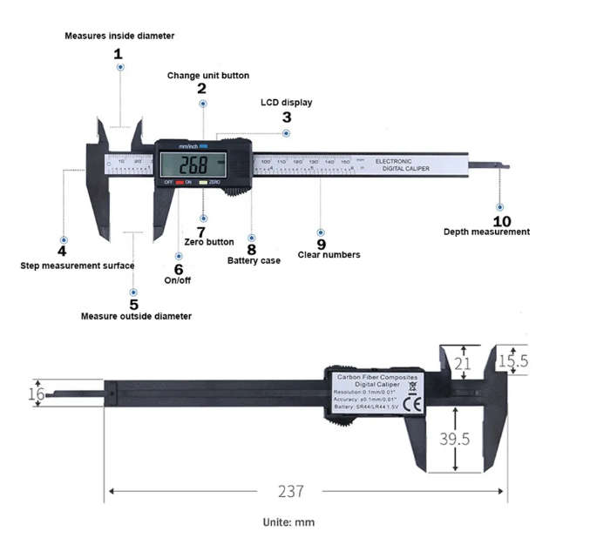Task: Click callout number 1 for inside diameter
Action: pyautogui.click(x=119, y=53)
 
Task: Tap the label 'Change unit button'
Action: pyautogui.click(x=208, y=76)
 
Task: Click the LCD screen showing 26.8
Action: pyautogui.click(x=193, y=165)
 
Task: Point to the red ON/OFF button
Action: pyautogui.click(x=179, y=182)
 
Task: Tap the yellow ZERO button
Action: pyautogui.click(x=202, y=182)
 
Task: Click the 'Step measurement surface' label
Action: pyautogui.click(x=77, y=266)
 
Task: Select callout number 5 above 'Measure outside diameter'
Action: pyautogui.click(x=133, y=304)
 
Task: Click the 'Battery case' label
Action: pyautogui.click(x=254, y=260)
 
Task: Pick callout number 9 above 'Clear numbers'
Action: pyautogui.click(x=321, y=244)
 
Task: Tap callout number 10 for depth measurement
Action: pyautogui.click(x=502, y=221)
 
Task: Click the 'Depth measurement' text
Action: pyautogui.click(x=486, y=232)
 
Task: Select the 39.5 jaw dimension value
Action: pyautogui.click(x=454, y=439)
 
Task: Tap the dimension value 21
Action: pyautogui.click(x=463, y=363)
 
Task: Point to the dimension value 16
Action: pyautogui.click(x=36, y=393)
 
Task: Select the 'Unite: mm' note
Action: pyautogui.click(x=288, y=522)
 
